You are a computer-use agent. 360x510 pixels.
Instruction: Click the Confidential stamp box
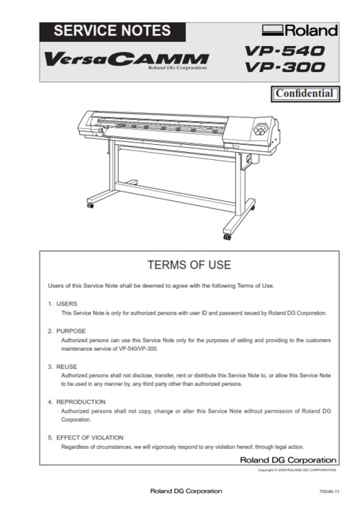(305, 93)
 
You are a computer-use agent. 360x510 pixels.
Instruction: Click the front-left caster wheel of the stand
(91, 205)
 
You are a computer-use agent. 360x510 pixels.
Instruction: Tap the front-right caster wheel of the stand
(228, 236)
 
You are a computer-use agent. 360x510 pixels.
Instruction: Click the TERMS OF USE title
(189, 264)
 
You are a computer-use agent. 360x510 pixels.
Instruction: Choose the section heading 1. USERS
(58, 304)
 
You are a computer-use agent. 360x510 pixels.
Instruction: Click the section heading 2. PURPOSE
(63, 331)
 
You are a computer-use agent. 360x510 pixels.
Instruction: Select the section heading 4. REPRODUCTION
(73, 401)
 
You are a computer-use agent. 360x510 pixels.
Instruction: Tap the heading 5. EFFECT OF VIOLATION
(86, 437)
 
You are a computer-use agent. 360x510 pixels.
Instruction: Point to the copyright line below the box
(297, 469)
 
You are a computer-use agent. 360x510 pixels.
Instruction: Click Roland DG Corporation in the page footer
(186, 491)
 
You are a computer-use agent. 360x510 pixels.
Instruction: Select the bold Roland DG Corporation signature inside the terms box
(287, 460)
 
